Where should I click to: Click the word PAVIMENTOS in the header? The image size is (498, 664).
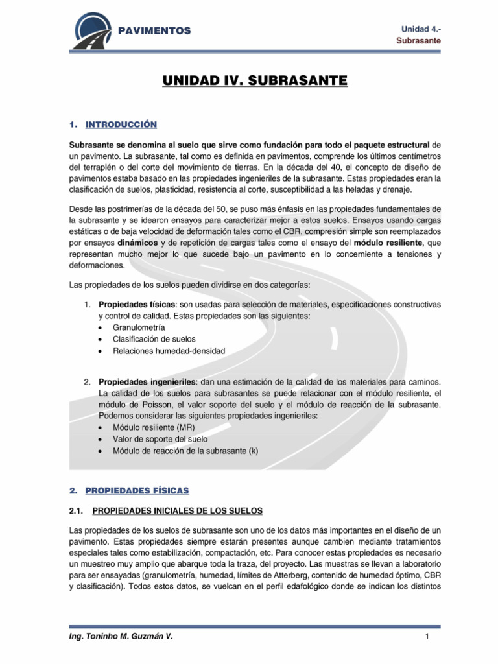click(x=158, y=30)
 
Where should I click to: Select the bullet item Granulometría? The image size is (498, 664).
click(x=138, y=327)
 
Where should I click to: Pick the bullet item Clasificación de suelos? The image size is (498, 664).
click(x=154, y=339)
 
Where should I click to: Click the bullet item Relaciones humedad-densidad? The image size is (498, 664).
click(x=169, y=351)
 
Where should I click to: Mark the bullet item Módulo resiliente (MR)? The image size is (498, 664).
click(x=153, y=428)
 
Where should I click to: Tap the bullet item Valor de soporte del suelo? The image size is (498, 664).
click(x=158, y=440)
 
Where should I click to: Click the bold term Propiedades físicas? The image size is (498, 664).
click(x=129, y=304)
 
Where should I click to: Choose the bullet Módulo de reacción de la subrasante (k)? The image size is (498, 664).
click(x=185, y=451)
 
